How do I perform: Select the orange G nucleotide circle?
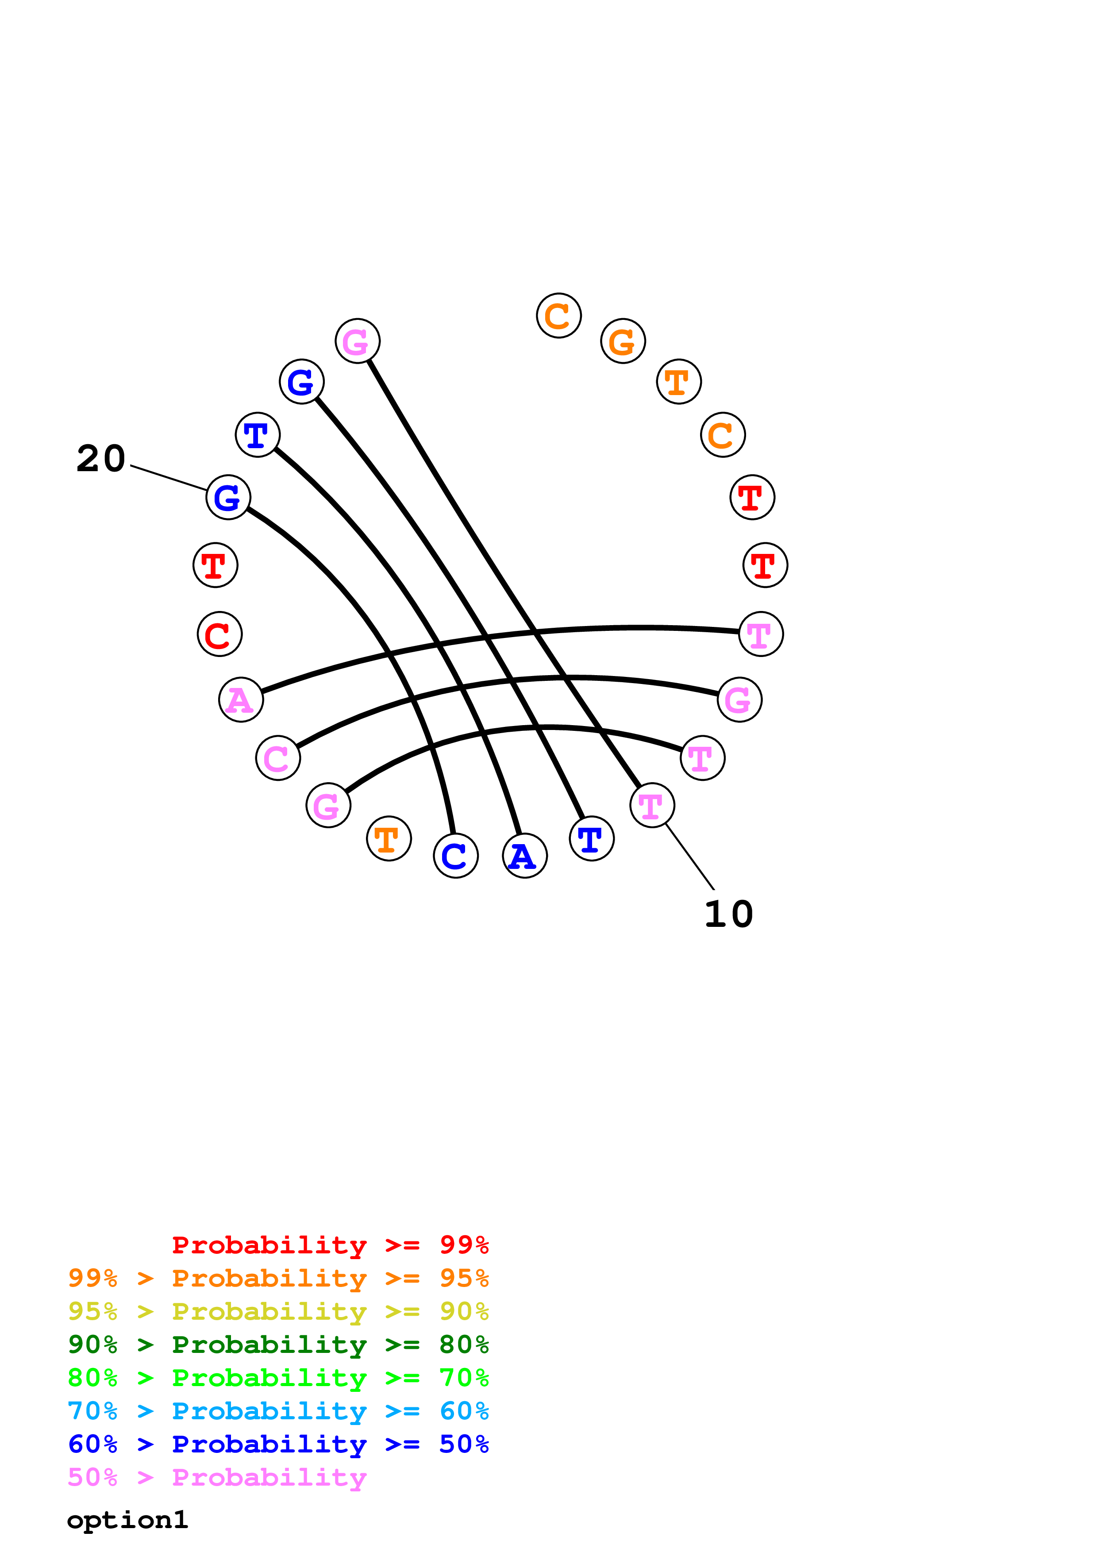[x=623, y=342]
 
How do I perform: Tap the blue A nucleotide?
[x=524, y=856]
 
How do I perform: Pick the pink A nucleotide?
[x=241, y=699]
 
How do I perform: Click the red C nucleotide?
[x=219, y=634]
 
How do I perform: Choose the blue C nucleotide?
[x=455, y=856]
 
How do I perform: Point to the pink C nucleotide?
[x=278, y=758]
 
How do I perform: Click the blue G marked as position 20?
[x=228, y=498]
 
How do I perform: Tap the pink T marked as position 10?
[x=651, y=805]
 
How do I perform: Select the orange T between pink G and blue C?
[x=389, y=839]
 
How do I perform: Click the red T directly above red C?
[x=216, y=565]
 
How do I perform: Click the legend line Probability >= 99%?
[x=330, y=1245]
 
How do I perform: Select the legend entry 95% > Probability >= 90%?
[x=278, y=1311]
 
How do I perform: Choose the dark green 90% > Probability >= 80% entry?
[x=278, y=1345]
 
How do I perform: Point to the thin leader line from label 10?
[x=691, y=857]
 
